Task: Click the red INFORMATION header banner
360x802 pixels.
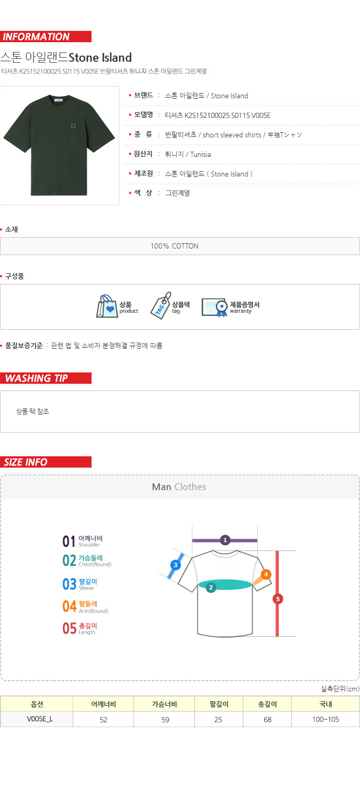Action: pyautogui.click(x=46, y=37)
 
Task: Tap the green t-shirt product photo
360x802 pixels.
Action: pyautogui.click(x=59, y=145)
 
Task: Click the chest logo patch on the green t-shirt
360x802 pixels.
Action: pyautogui.click(x=74, y=126)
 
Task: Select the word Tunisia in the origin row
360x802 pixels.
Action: pyautogui.click(x=201, y=154)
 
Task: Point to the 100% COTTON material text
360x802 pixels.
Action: pyautogui.click(x=174, y=246)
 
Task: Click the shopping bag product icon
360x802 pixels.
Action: pyautogui.click(x=106, y=306)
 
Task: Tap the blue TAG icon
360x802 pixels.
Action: pyautogui.click(x=160, y=306)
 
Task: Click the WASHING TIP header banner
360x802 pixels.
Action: pyautogui.click(x=46, y=378)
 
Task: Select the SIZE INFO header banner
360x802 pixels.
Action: pyautogui.click(x=46, y=462)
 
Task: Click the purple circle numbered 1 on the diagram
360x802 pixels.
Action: pyautogui.click(x=225, y=540)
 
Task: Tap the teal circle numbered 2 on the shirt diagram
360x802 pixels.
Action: pyautogui.click(x=211, y=587)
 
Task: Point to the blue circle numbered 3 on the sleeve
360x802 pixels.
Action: pyautogui.click(x=175, y=565)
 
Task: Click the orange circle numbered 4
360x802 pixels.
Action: pyautogui.click(x=266, y=574)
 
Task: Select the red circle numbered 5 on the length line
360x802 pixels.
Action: pyautogui.click(x=278, y=599)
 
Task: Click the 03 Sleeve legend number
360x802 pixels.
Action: pyautogui.click(x=69, y=584)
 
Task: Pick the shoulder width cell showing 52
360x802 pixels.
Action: pyautogui.click(x=103, y=720)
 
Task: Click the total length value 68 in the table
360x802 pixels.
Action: pyautogui.click(x=267, y=720)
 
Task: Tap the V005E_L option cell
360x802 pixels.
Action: pyautogui.click(x=37, y=719)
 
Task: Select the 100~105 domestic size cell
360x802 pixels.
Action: pyautogui.click(x=326, y=719)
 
